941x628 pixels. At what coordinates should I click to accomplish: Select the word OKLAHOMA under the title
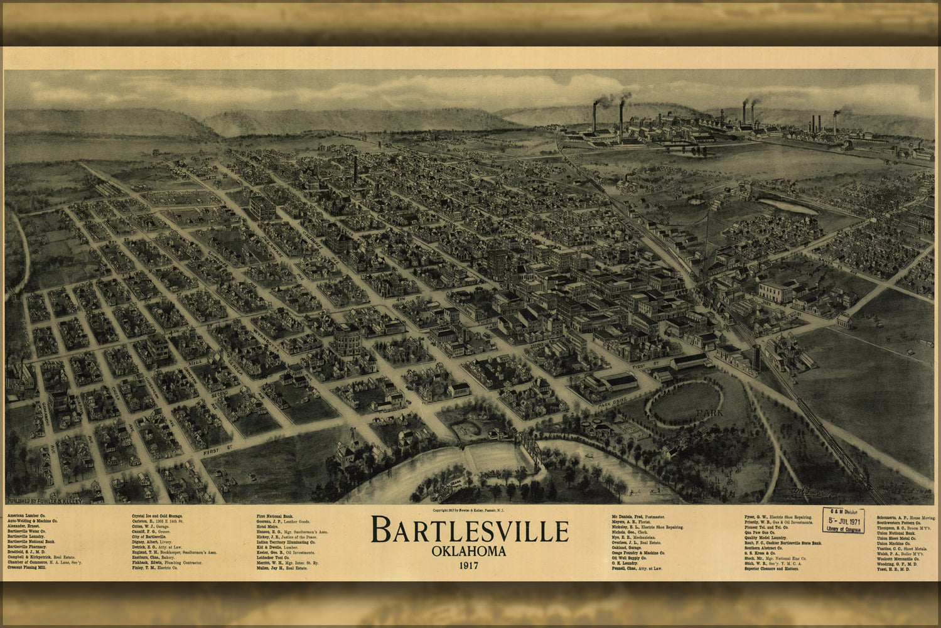pos(469,552)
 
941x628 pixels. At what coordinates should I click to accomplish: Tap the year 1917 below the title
pos(469,565)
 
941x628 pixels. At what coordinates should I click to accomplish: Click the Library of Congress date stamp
pos(843,521)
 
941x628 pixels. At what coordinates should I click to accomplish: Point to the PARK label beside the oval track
pos(709,413)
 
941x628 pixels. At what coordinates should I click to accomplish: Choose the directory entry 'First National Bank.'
pos(274,516)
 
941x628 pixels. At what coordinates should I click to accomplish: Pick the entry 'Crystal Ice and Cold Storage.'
pos(157,516)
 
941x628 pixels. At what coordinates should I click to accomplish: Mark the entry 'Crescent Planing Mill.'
pos(26,567)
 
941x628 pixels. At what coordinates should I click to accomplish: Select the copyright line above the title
pos(469,510)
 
